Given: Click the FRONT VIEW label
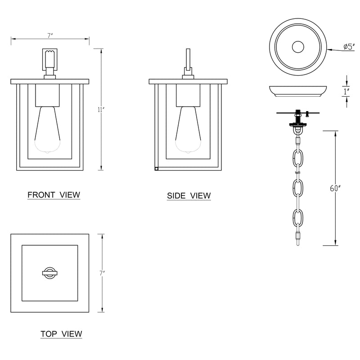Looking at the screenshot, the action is click(x=54, y=195).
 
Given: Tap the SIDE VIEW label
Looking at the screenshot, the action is click(x=189, y=196).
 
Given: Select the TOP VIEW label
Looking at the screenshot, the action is click(x=61, y=334).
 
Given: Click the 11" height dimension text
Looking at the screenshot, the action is click(x=101, y=110).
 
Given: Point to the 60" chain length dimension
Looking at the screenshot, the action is click(x=335, y=188).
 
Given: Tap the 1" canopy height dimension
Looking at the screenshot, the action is click(x=346, y=92).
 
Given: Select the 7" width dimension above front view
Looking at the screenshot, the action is click(x=50, y=36).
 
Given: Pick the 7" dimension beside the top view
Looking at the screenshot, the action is click(x=102, y=273).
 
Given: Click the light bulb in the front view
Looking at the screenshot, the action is click(x=48, y=130).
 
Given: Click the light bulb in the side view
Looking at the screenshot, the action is click(x=188, y=130).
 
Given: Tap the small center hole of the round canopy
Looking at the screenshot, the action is click(x=298, y=47).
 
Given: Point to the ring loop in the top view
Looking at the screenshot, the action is click(x=49, y=273).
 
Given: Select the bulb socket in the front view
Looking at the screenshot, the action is click(x=48, y=95).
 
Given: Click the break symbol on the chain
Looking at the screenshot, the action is click(x=298, y=172).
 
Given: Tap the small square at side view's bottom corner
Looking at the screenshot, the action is click(x=156, y=169).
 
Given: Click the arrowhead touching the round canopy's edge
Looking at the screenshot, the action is click(x=329, y=49).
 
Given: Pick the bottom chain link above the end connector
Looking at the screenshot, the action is click(x=298, y=217).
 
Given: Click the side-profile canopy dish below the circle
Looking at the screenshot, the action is click(x=298, y=91).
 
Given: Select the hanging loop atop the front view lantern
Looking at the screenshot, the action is click(x=49, y=59).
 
